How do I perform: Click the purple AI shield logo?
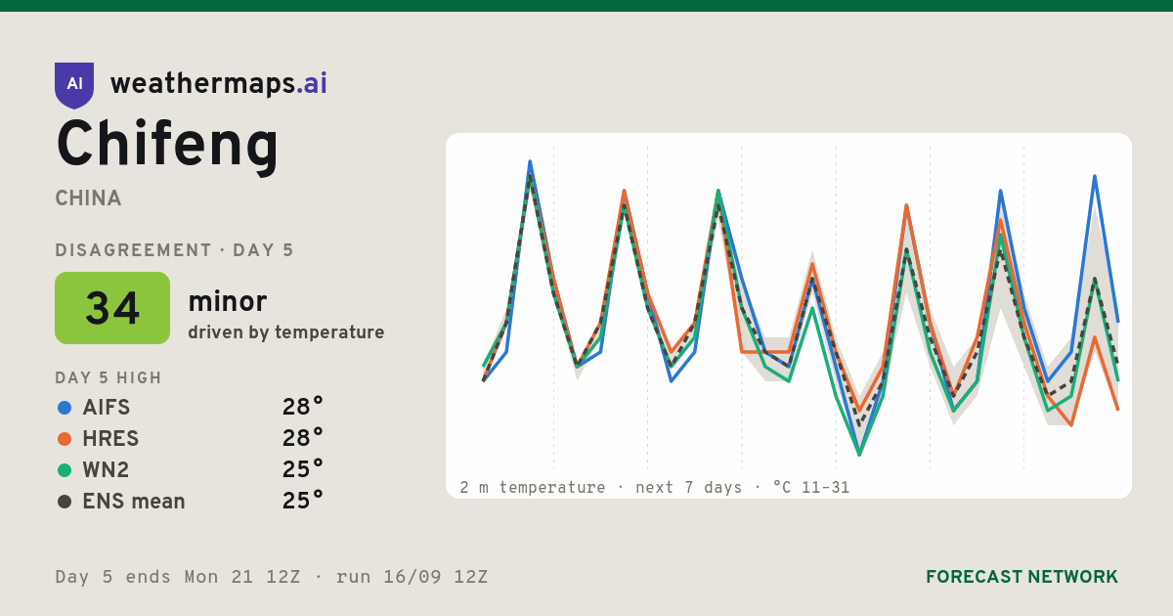coord(74,85)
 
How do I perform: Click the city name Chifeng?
coord(167,145)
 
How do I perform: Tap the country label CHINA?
coord(88,198)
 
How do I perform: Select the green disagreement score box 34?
coord(112,308)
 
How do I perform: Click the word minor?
coord(227,301)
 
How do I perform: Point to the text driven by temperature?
coord(285,332)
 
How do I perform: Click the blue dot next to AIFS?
coord(65,408)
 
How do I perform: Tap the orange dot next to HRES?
coord(65,439)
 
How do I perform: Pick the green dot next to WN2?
coord(65,470)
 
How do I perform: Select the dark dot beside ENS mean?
coord(65,502)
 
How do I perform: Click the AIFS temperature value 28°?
coord(303,407)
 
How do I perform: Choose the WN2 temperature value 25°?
coord(303,469)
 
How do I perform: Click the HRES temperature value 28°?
coord(303,438)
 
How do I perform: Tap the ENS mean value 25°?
coord(303,501)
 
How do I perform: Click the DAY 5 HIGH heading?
coord(109,377)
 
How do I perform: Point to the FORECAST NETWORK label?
coord(1021,577)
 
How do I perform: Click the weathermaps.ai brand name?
coord(218,84)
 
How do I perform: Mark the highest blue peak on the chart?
coord(530,162)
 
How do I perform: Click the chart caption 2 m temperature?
coord(532,488)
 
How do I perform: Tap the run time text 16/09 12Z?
coord(435,577)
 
